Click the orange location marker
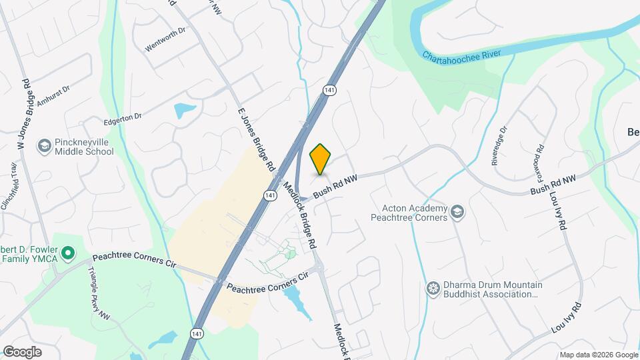(321, 159)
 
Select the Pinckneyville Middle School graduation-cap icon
(45, 145)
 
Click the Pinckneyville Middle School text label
(75, 147)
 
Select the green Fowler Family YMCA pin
(67, 253)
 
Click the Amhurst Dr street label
(53, 96)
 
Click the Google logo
(22, 352)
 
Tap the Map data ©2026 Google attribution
(598, 355)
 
